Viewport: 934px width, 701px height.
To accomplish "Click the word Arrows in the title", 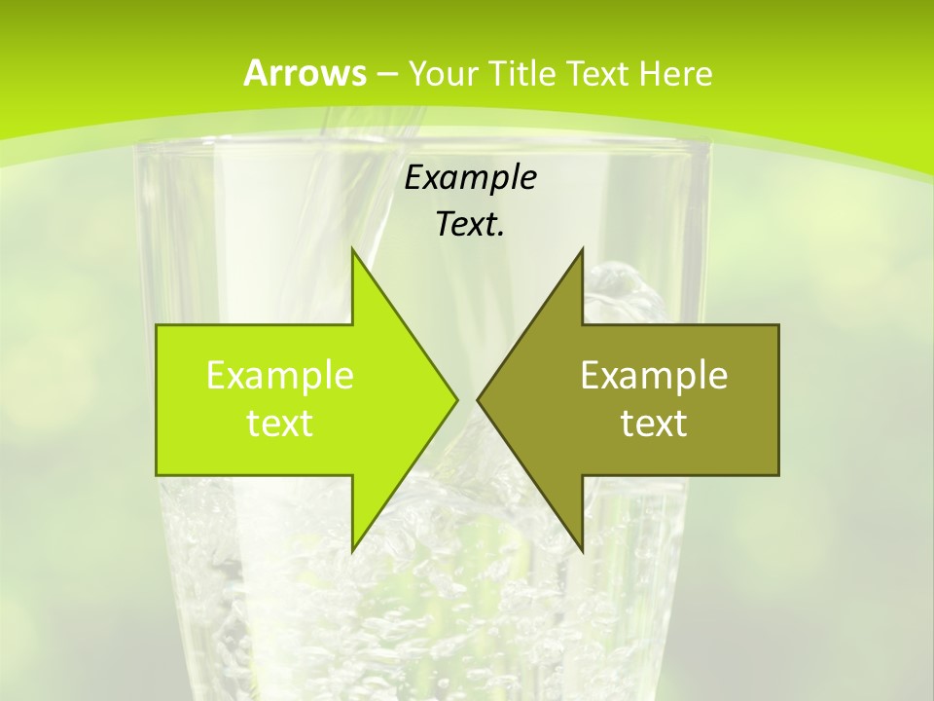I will (x=305, y=73).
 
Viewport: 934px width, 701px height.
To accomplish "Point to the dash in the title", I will (x=386, y=74).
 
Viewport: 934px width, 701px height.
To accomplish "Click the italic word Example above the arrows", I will (x=470, y=178).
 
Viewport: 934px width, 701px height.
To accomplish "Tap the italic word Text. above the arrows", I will (x=470, y=225).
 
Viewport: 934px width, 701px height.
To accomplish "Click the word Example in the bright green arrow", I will (x=280, y=375).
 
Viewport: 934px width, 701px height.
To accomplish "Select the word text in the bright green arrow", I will (x=280, y=423).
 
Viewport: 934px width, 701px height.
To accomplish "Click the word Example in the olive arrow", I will (x=654, y=375).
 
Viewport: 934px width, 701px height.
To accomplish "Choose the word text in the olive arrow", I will (x=654, y=423).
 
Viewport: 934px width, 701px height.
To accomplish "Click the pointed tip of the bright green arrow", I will (x=456, y=399).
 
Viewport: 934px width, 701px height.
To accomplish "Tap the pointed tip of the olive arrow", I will (x=479, y=399).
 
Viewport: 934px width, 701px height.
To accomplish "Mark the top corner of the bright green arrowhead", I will (x=352, y=250).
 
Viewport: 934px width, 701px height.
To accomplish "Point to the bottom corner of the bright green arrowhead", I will (x=352, y=550).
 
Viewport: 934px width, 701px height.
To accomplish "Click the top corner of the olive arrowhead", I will (x=582, y=250).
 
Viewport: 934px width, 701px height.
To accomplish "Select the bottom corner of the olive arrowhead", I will (x=582, y=550).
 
